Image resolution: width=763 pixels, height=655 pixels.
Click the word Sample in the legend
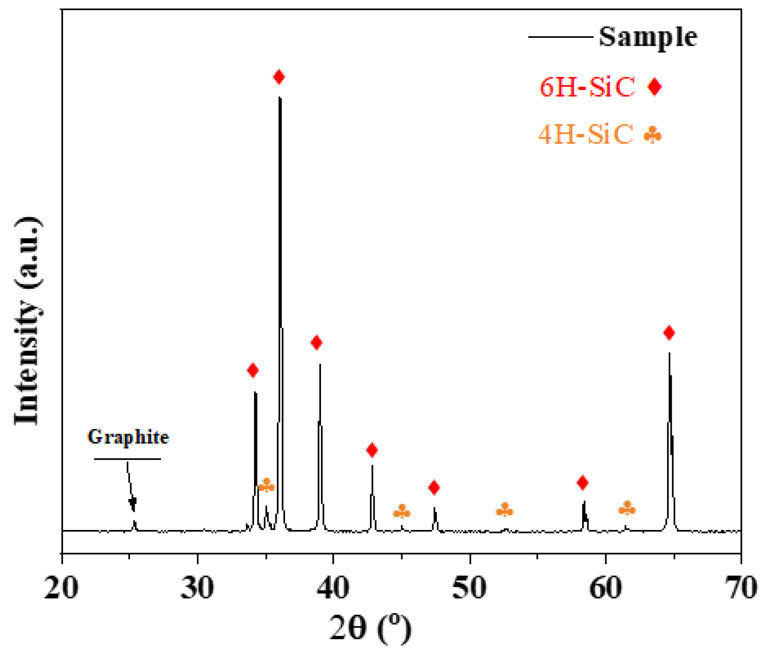pos(648,37)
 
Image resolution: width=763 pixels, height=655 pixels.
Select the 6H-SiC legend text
pos(587,87)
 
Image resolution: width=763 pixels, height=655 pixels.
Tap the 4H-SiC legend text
pos(585,135)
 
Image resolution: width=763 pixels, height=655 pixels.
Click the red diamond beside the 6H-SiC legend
pos(655,86)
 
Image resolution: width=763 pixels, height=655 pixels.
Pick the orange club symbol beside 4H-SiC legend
pos(653,135)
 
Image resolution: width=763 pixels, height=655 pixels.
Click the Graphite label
pos(128,437)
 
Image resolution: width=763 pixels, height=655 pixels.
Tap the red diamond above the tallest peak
pos(279,77)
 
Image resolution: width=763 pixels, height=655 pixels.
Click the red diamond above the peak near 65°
pos(669,333)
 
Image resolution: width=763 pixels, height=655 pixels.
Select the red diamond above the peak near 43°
pos(372,450)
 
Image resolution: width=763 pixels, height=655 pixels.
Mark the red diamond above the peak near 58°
pos(583,483)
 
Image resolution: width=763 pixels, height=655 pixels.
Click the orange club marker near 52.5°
pos(505,510)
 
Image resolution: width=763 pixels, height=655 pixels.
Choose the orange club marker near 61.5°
pos(627,508)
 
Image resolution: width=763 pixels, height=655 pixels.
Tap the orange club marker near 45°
pos(402,511)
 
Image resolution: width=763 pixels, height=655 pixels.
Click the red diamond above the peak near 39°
pos(316,343)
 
